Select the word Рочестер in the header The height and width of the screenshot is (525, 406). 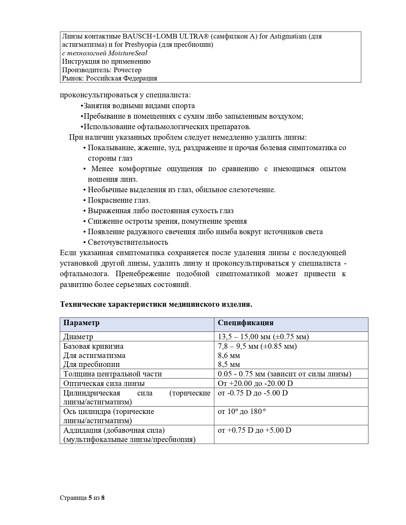click(127, 70)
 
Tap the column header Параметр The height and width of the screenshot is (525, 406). click(82, 323)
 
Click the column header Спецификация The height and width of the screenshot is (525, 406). click(246, 323)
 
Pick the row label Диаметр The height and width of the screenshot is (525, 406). click(78, 337)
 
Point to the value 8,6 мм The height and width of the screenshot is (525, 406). click(229, 355)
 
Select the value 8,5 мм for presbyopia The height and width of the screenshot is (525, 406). click(229, 364)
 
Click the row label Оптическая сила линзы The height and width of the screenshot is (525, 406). click(104, 383)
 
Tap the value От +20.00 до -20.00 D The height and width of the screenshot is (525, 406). click(255, 383)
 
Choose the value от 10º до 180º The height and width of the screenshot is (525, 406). click(242, 411)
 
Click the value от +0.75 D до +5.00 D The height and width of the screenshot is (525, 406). click(254, 430)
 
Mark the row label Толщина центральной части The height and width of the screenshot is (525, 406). click(112, 374)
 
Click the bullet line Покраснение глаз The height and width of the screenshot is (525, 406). click(119, 200)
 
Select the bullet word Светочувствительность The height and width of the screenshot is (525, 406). click(128, 242)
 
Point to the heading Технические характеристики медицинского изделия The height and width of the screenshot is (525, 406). click(156, 304)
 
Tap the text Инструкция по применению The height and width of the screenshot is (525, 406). click(106, 61)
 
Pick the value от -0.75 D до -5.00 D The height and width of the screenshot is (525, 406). click(253, 393)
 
